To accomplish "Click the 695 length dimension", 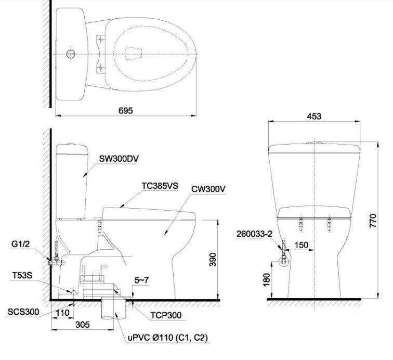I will click(126, 111).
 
